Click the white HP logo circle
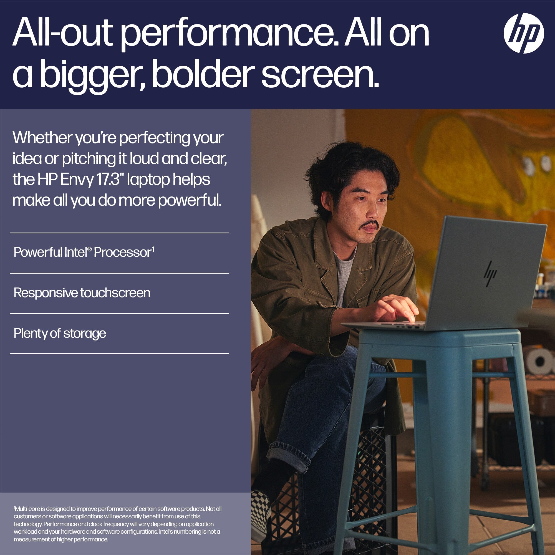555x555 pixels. pos(523,33)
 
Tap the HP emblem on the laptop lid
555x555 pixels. pos(490,274)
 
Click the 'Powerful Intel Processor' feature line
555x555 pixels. pos(84,252)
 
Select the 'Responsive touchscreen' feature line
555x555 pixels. pos(82,293)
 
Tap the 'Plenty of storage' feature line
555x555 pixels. pos(60,334)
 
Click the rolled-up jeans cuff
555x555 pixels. pos(289,456)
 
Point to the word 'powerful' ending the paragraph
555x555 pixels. pos(190,200)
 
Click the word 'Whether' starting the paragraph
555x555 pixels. pos(42,138)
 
